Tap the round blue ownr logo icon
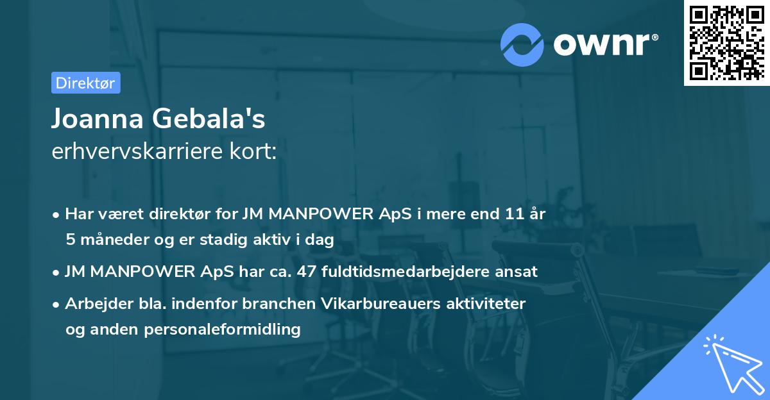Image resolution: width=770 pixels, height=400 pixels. tap(522, 44)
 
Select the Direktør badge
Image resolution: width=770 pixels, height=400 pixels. tap(85, 83)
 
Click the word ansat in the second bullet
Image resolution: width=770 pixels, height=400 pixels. tap(517, 271)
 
